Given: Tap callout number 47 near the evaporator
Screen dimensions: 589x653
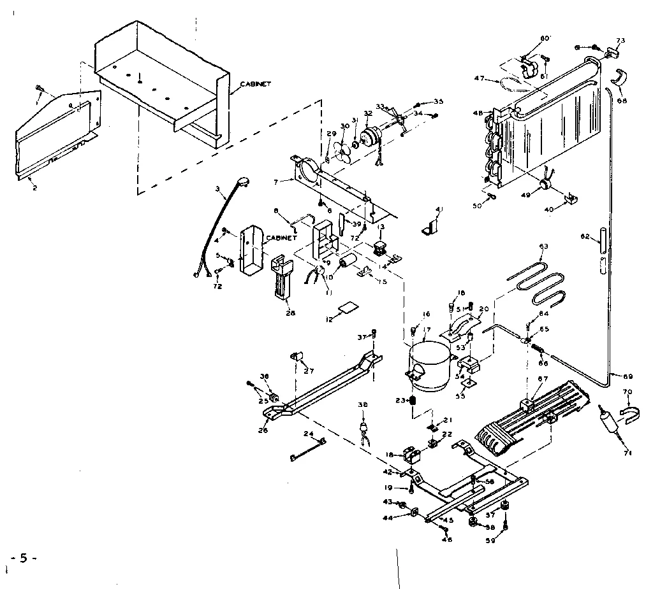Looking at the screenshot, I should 480,79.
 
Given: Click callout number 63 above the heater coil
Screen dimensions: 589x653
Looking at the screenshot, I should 543,246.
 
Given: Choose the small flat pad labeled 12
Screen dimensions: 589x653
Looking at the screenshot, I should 348,308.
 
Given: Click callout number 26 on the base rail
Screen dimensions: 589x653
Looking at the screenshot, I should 263,431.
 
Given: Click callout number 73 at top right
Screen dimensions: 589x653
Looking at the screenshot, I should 620,41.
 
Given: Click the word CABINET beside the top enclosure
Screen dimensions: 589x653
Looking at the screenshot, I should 256,83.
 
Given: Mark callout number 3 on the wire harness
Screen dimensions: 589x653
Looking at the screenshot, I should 217,188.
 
